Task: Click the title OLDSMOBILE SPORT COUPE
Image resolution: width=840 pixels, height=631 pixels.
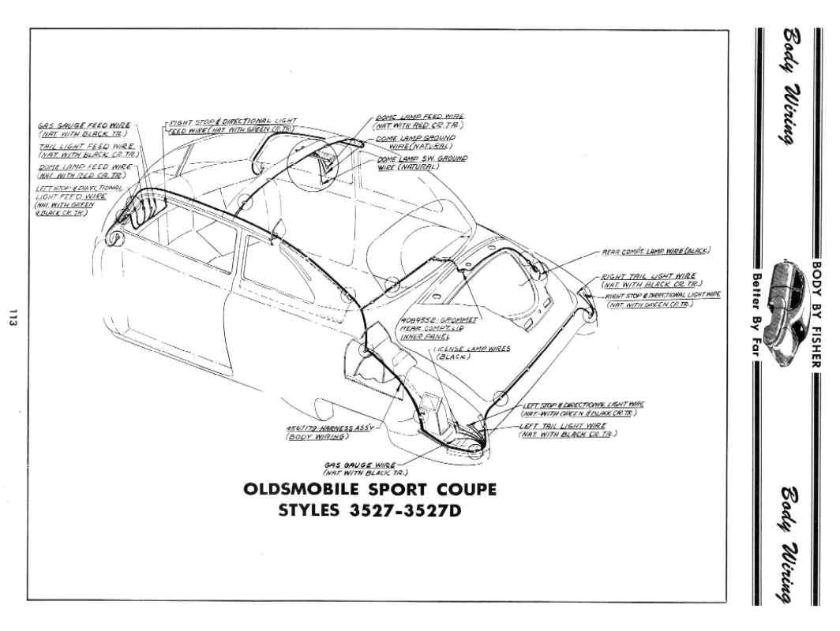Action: pos(370,490)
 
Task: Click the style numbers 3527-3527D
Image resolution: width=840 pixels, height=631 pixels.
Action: pos(370,510)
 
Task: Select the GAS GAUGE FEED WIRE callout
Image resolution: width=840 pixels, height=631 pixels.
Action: pos(84,129)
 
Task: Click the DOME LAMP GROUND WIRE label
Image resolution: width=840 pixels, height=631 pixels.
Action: pos(421,141)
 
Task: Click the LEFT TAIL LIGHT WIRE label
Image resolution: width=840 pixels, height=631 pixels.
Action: pos(567,430)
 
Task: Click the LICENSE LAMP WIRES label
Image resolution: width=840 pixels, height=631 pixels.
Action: pos(471,352)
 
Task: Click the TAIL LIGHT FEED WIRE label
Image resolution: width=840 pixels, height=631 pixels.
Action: pos(87,151)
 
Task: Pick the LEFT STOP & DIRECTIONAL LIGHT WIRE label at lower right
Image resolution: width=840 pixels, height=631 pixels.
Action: pos(582,409)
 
